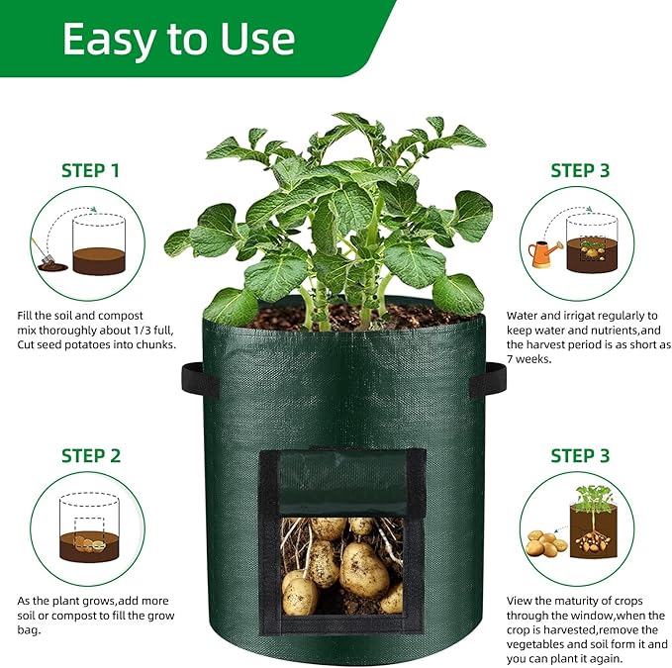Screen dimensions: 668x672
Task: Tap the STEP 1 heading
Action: (90, 170)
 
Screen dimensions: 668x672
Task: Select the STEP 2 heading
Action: (90, 456)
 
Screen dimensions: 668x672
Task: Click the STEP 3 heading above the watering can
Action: (580, 170)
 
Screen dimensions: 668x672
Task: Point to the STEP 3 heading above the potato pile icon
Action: (580, 456)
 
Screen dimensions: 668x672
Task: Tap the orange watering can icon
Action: (540, 254)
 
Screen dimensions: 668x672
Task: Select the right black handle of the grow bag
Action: (487, 380)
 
